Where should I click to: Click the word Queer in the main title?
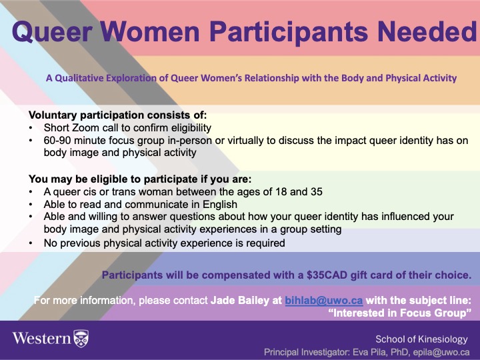(x=52, y=32)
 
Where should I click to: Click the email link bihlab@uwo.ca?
(x=324, y=300)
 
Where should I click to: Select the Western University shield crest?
(x=81, y=339)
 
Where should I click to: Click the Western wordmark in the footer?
(x=41, y=339)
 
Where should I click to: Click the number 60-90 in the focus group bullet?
(x=57, y=141)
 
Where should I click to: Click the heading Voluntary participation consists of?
(x=118, y=115)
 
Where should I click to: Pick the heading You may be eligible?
(x=140, y=179)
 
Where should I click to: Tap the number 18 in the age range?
(x=281, y=191)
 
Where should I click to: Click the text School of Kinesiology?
(x=421, y=339)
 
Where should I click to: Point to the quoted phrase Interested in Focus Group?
(x=399, y=313)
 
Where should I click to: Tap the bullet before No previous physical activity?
(x=31, y=243)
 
